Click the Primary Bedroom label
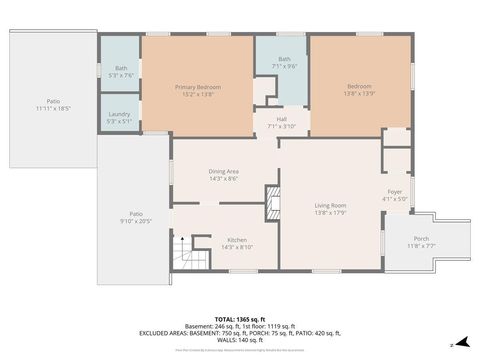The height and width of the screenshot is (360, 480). pyautogui.click(x=197, y=87)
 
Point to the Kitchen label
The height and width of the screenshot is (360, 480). pyautogui.click(x=236, y=240)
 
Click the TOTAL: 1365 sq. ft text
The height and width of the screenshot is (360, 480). pyautogui.click(x=240, y=317)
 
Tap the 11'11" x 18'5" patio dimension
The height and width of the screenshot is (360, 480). pyautogui.click(x=53, y=107)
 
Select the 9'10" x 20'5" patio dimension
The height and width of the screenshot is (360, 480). pyautogui.click(x=135, y=221)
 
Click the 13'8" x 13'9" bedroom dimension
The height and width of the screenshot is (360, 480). pyautogui.click(x=359, y=93)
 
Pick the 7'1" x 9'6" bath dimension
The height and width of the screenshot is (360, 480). pyautogui.click(x=285, y=65)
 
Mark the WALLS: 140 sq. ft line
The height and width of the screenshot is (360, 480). pyautogui.click(x=240, y=339)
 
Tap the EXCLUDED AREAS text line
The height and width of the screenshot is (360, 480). pyautogui.click(x=240, y=332)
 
